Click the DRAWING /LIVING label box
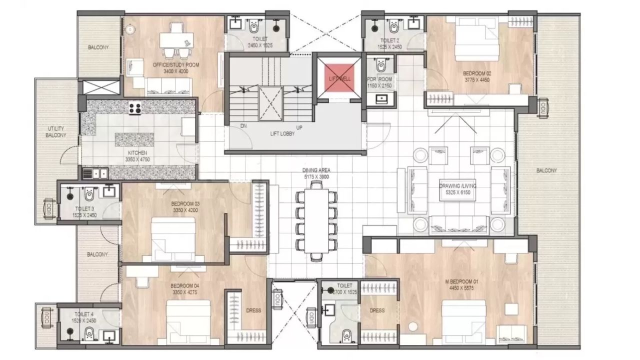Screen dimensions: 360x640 457,188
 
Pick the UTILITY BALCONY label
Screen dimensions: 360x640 55,132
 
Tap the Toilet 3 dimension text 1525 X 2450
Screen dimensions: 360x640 84,215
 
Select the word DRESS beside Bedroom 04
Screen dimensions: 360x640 253,310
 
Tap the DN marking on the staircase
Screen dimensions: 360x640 243,126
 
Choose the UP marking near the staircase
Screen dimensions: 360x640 299,127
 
